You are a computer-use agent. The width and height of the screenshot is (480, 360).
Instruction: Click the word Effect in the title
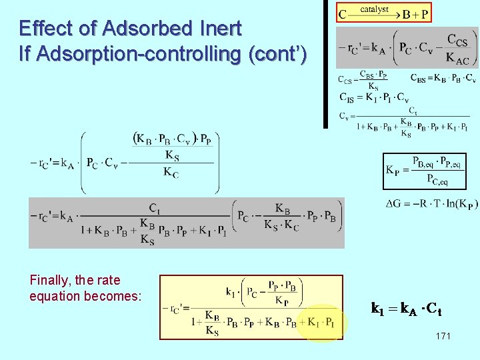(x=43, y=29)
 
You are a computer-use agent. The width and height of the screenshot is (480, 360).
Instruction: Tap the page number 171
(x=443, y=336)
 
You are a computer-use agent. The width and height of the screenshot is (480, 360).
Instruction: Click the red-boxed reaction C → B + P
(x=384, y=13)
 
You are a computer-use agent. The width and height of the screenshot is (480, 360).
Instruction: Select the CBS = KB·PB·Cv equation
(x=443, y=78)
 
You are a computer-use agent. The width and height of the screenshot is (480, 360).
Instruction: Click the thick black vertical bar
(x=326, y=63)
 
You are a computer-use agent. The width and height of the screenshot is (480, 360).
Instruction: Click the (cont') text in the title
(x=277, y=54)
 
